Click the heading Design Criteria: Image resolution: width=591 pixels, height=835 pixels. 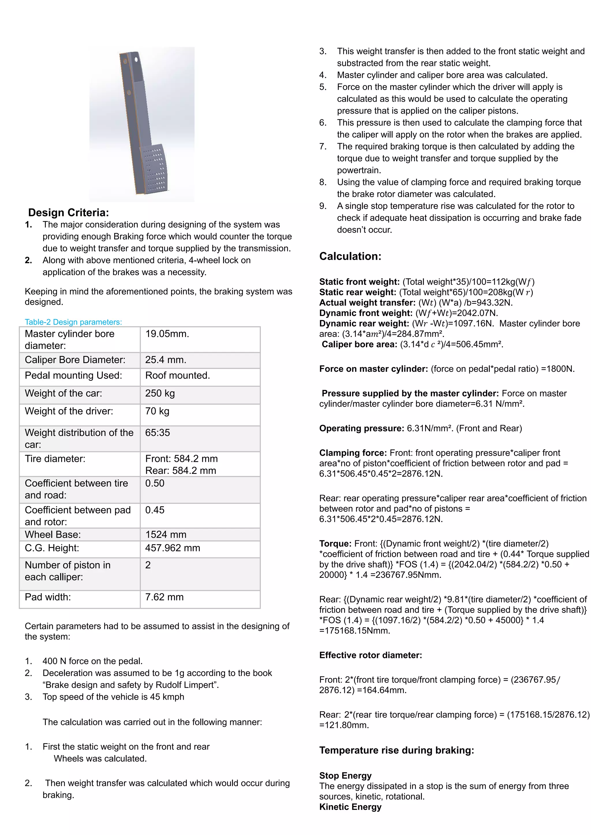point(68,212)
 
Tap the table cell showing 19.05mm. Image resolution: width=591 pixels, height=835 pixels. point(167,334)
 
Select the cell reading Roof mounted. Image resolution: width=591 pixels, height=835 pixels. point(177,375)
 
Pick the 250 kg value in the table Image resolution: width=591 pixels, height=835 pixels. point(160,393)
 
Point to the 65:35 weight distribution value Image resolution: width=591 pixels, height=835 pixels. point(157,432)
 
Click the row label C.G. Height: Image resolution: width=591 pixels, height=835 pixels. point(52,548)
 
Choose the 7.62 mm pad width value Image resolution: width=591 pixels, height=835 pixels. point(164,597)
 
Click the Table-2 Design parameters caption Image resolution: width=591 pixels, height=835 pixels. point(73,322)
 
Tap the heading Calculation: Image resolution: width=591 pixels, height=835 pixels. point(350,256)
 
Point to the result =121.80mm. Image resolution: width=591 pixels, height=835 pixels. point(344,725)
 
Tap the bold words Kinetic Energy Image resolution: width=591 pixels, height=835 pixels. point(350,807)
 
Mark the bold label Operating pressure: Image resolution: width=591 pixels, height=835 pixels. point(361,428)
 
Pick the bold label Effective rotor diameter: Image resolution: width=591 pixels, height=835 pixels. point(371,655)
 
